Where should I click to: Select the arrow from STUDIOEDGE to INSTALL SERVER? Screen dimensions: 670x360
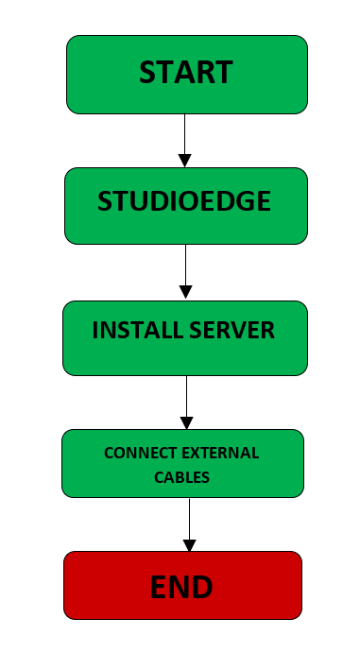coord(185,271)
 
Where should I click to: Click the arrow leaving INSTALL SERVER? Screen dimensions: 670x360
coord(187,402)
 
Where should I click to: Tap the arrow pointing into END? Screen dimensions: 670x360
coord(189,524)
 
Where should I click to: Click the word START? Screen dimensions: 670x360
coord(186,73)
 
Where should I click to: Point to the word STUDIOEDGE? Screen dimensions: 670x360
coord(185,201)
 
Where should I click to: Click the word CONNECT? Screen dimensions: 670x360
coord(137,454)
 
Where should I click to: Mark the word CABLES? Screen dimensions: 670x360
coord(182,477)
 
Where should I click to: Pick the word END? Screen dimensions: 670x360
coord(182,588)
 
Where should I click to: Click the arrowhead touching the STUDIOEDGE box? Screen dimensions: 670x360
coord(185,161)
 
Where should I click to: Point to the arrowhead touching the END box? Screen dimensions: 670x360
coord(189,545)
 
